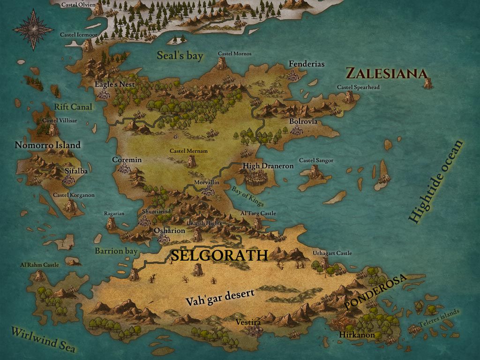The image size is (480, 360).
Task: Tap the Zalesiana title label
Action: pyautogui.click(x=386, y=74)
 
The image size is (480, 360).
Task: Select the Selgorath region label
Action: pyautogui.click(x=219, y=255)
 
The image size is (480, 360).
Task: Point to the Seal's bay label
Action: pyautogui.click(x=180, y=56)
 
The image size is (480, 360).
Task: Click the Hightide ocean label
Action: pyautogui.click(x=435, y=181)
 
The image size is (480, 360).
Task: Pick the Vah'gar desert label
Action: pyautogui.click(x=220, y=297)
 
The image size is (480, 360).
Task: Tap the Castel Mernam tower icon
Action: pyautogui.click(x=191, y=161)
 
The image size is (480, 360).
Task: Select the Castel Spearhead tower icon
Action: pyautogui.click(x=349, y=97)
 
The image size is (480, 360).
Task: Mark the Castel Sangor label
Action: pyautogui.click(x=316, y=161)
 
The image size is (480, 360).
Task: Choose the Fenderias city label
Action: pyautogui.click(x=307, y=64)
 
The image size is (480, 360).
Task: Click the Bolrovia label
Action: pyautogui.click(x=303, y=121)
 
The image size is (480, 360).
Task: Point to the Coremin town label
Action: pyautogui.click(x=127, y=160)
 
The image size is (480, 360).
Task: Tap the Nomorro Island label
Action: pyautogui.click(x=47, y=145)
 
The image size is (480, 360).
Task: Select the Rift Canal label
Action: pyautogui.click(x=73, y=107)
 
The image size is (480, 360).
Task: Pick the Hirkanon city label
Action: pyautogui.click(x=357, y=335)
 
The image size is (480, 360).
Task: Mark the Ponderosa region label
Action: pyautogui.click(x=375, y=291)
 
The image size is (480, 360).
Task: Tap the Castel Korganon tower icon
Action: pyautogui.click(x=70, y=204)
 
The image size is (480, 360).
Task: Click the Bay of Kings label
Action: pyautogui.click(x=247, y=196)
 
